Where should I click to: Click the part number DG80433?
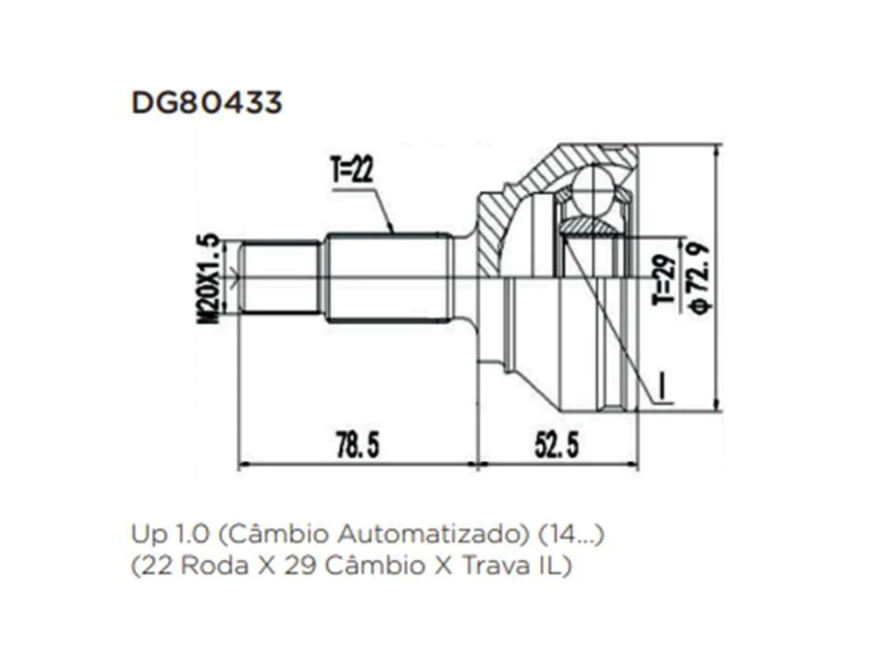click(x=206, y=103)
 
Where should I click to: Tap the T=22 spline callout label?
click(x=352, y=170)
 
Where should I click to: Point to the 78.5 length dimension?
click(x=358, y=445)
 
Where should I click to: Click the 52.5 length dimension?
click(x=556, y=445)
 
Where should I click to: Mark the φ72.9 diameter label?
click(x=699, y=277)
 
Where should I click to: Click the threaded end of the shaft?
click(x=280, y=278)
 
